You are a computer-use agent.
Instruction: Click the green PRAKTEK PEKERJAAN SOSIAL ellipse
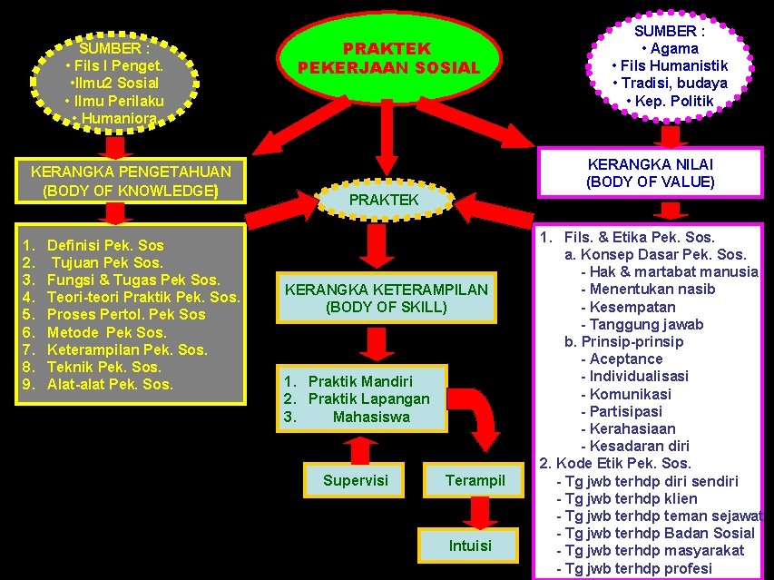click(x=388, y=58)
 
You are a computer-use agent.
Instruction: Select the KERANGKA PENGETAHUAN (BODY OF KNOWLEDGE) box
click(x=130, y=181)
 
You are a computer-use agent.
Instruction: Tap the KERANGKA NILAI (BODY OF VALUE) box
click(x=650, y=172)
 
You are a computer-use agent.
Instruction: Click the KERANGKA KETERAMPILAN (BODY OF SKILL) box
click(x=386, y=298)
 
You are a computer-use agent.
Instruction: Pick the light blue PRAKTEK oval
click(x=384, y=199)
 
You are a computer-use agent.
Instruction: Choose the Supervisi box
click(x=355, y=480)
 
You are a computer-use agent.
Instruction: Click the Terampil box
click(x=475, y=480)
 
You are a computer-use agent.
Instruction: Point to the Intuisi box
click(x=470, y=545)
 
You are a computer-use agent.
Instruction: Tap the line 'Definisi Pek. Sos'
click(x=105, y=245)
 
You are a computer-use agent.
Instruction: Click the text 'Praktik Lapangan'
click(x=368, y=399)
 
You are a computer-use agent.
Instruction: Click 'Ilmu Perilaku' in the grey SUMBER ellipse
click(x=114, y=100)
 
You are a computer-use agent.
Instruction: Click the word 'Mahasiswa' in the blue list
click(x=371, y=417)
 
